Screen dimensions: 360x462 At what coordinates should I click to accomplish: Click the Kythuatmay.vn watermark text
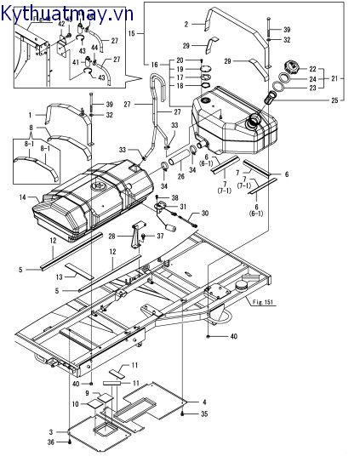point(67,14)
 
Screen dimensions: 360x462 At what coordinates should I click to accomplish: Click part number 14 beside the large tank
point(23,197)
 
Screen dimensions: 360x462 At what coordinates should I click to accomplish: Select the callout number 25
point(334,100)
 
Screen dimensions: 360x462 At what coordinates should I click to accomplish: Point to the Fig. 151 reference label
point(263,302)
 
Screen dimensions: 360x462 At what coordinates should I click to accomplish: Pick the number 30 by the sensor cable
point(205,213)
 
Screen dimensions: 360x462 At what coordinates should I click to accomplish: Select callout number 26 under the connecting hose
point(180,176)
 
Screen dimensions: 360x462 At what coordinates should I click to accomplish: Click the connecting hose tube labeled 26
point(179,157)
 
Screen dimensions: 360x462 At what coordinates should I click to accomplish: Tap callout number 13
point(60,277)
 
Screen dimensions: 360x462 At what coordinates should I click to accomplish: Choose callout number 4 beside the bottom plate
point(204,402)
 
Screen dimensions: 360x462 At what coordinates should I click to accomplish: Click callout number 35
point(204,414)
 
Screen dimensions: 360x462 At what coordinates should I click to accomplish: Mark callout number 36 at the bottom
point(51,442)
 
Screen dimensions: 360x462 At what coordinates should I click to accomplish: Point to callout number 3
point(51,432)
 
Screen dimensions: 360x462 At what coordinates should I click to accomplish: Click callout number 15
point(132,33)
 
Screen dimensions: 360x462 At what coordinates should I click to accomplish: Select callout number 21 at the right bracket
point(334,78)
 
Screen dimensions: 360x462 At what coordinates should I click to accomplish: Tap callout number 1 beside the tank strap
point(30,115)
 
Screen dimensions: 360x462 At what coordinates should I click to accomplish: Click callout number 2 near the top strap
point(186,24)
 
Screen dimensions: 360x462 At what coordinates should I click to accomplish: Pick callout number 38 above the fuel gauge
point(175,197)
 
